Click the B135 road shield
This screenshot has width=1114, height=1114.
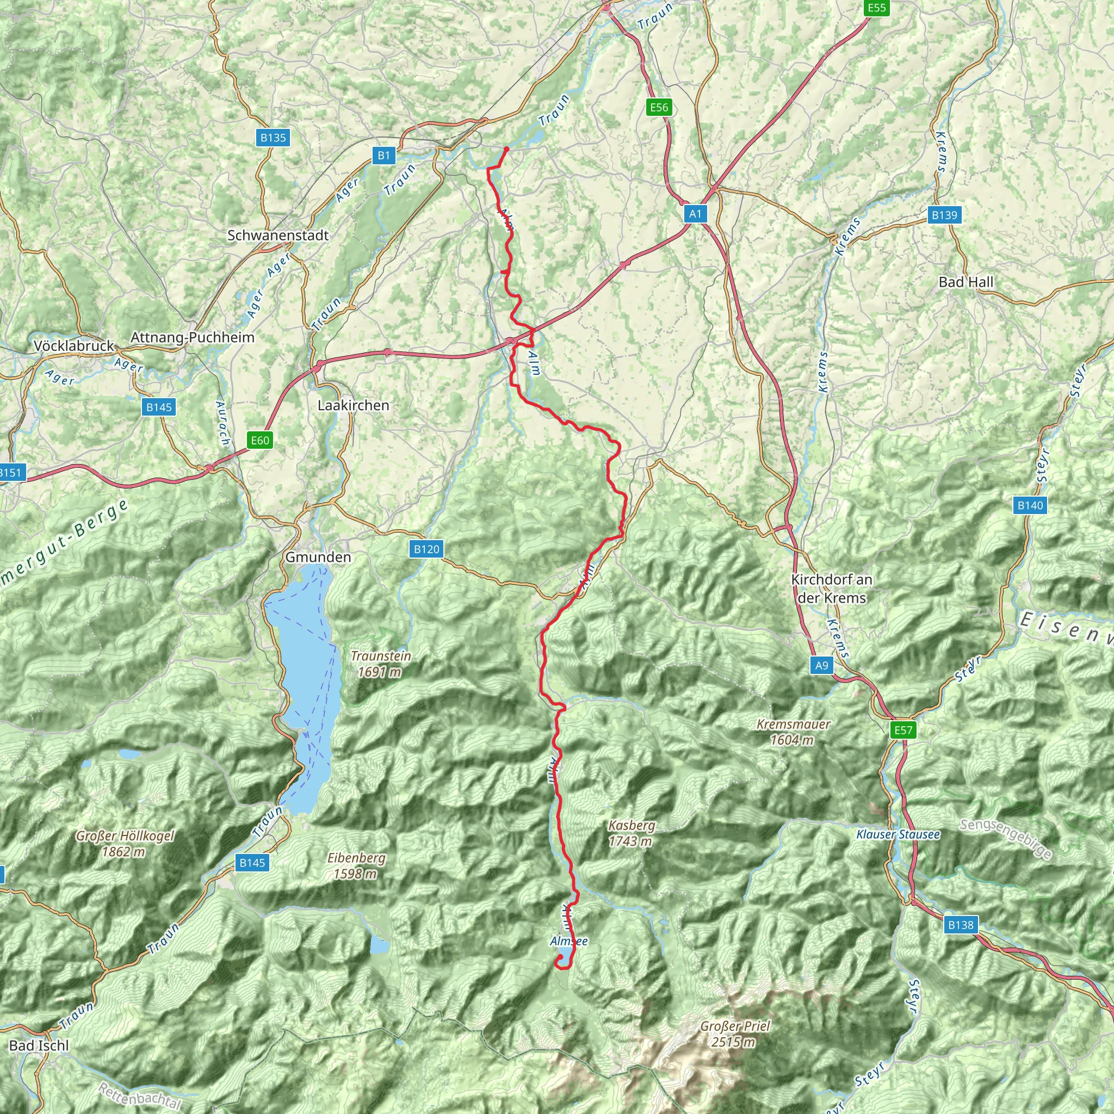point(273,137)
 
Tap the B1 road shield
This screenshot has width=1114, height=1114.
point(384,155)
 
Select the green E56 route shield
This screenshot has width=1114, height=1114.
point(659,107)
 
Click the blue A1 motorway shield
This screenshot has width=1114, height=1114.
point(695,214)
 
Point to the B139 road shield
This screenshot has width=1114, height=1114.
point(944,215)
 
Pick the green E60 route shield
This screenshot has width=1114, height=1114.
point(260,441)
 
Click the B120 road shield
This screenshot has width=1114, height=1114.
point(426,549)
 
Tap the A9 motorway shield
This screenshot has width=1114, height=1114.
point(822,665)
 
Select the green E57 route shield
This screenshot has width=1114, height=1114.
point(903,730)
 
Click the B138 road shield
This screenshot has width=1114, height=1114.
point(961,925)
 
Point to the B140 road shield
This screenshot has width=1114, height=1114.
point(1030,505)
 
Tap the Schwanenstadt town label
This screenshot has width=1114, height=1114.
point(278,235)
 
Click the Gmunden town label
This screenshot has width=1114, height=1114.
point(318,557)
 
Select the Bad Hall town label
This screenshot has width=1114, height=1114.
point(967,282)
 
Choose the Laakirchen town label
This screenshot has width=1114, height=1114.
point(354,405)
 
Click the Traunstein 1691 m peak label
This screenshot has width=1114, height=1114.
point(381,664)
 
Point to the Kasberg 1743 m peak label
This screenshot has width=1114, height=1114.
point(632,833)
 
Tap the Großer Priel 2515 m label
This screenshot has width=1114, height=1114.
point(734,1034)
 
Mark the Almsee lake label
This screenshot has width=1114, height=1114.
point(569,941)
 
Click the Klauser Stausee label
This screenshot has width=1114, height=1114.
point(898,834)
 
